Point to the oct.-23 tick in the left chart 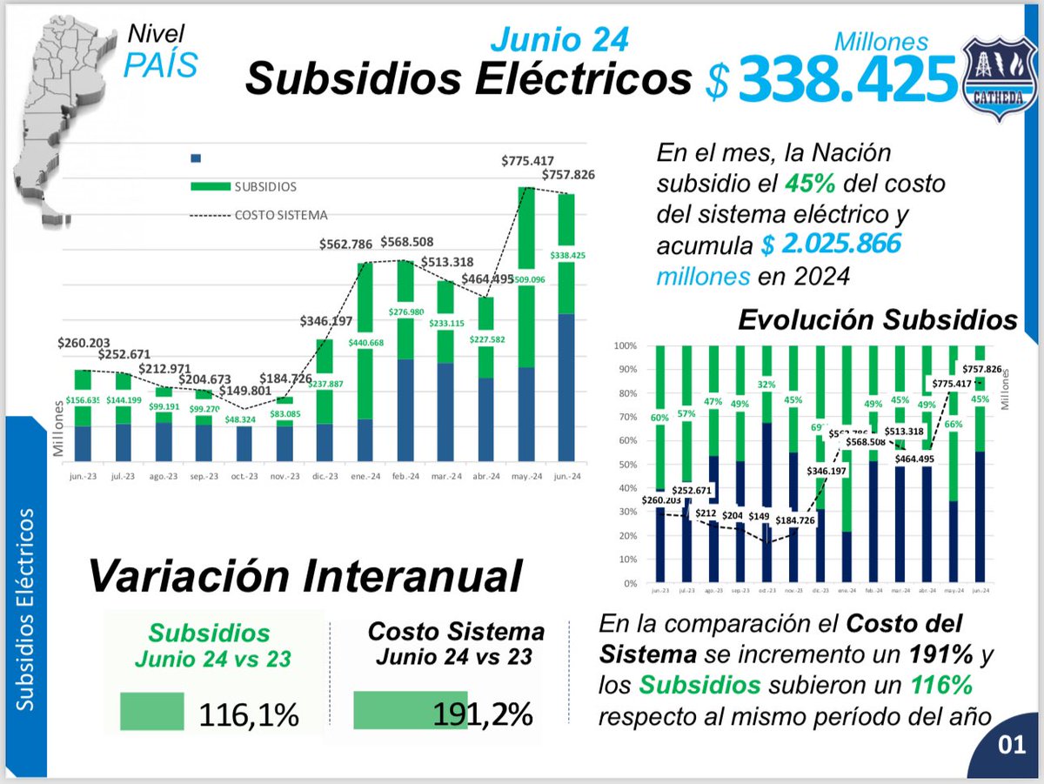coord(244,476)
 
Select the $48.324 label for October coord(244,419)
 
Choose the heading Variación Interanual coord(304,576)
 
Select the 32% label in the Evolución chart coord(766,383)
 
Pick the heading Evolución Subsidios coord(877,320)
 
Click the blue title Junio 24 coord(559,38)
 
